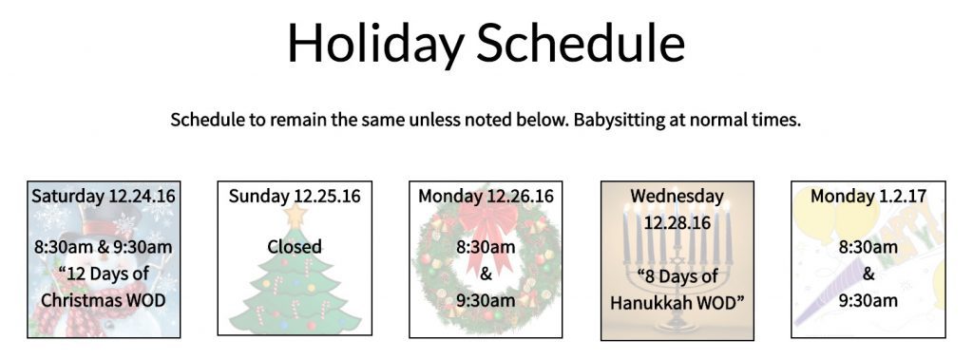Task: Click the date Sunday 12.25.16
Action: pyautogui.click(x=295, y=196)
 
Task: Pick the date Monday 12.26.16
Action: pyautogui.click(x=486, y=196)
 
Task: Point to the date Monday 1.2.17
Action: pyautogui.click(x=868, y=196)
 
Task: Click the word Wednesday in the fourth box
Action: pyautogui.click(x=677, y=197)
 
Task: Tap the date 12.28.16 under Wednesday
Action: pyautogui.click(x=677, y=221)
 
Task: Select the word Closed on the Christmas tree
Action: pyautogui.click(x=295, y=246)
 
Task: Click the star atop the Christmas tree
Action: pyautogui.click(x=294, y=217)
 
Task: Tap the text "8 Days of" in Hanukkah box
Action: pyautogui.click(x=677, y=276)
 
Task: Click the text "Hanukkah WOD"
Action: pyautogui.click(x=677, y=302)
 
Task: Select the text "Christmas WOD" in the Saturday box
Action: pyautogui.click(x=105, y=300)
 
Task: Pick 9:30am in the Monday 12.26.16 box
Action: pyautogui.click(x=486, y=300)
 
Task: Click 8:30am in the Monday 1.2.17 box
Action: pyautogui.click(x=868, y=247)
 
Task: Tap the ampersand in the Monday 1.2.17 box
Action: pyautogui.click(x=868, y=274)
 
